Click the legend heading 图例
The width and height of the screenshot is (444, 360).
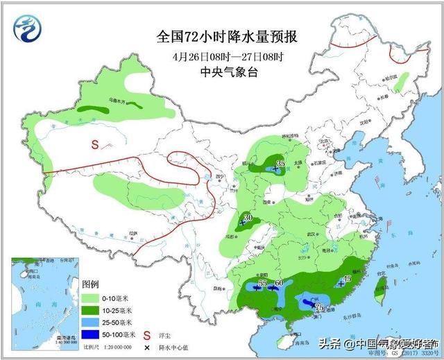(x=91, y=284)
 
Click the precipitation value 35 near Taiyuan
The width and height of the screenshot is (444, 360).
(x=280, y=164)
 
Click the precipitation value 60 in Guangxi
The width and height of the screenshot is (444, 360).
(x=279, y=282)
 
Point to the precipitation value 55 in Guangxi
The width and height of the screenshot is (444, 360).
(x=262, y=283)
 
